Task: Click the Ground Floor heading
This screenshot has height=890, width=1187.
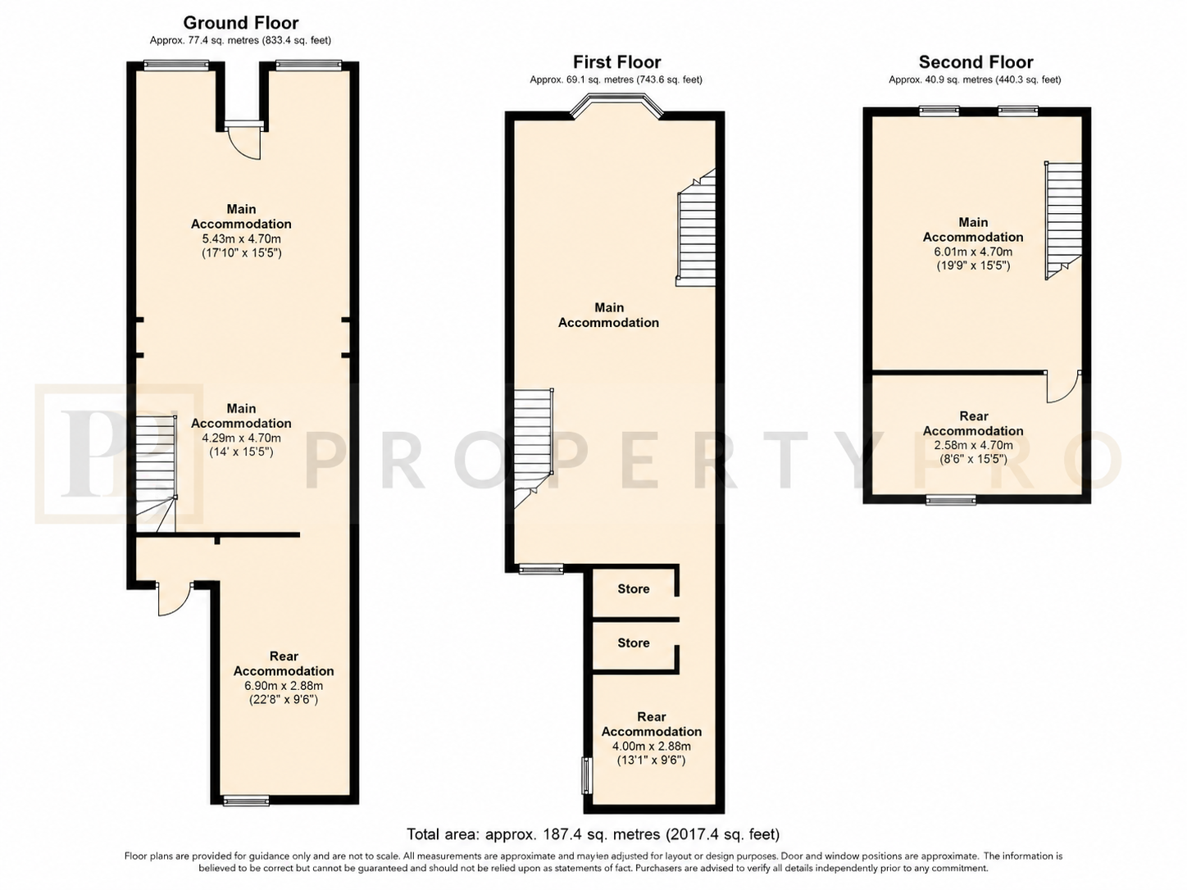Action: (241, 23)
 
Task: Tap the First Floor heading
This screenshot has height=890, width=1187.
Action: (616, 62)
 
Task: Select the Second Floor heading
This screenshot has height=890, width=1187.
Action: (976, 62)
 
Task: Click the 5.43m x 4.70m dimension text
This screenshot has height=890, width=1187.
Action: (241, 238)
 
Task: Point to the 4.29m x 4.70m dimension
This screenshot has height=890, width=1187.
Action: (241, 438)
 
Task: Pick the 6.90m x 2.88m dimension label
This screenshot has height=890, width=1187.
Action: (284, 686)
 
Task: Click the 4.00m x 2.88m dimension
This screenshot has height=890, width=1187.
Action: (651, 747)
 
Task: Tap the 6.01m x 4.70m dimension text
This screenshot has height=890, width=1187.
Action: (973, 252)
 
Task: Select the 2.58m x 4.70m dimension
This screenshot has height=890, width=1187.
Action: (973, 445)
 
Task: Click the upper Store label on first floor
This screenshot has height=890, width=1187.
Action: (633, 589)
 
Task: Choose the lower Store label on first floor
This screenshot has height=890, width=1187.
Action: (633, 643)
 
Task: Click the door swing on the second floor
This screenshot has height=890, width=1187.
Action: (1063, 388)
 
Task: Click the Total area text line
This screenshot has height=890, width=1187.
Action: (593, 835)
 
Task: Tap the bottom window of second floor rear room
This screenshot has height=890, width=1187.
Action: (951, 500)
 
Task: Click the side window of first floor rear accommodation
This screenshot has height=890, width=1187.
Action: (586, 776)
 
